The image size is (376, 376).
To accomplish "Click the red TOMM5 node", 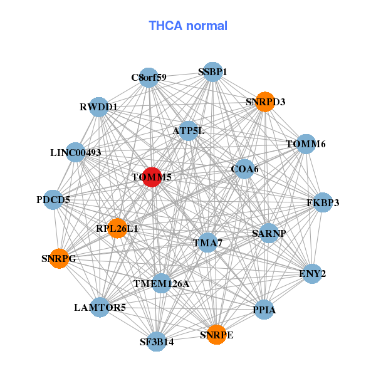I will (152, 177).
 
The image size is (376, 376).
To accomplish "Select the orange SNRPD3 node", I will (265, 102).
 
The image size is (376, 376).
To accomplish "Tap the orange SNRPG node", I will (59, 258).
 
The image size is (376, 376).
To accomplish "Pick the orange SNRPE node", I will (217, 335).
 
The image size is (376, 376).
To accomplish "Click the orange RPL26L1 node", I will (117, 229).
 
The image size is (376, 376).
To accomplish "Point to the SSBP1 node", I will (212, 72).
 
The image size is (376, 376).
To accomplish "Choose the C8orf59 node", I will (149, 78).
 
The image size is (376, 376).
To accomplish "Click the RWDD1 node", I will (98, 107).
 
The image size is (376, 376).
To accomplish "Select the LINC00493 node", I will (75, 152).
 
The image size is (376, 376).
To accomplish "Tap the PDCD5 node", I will (53, 200).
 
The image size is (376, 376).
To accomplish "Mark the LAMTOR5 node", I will (100, 307).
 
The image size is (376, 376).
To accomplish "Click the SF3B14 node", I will (157, 342).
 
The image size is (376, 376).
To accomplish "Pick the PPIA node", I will (264, 310).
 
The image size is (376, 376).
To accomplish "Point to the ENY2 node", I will (311, 274).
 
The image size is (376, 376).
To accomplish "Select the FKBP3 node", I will (323, 202).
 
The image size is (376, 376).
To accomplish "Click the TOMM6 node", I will (306, 144).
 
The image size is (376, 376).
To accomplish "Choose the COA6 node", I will (244, 169).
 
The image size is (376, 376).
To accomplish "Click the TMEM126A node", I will (161, 284).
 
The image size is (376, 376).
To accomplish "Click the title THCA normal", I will (188, 26).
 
